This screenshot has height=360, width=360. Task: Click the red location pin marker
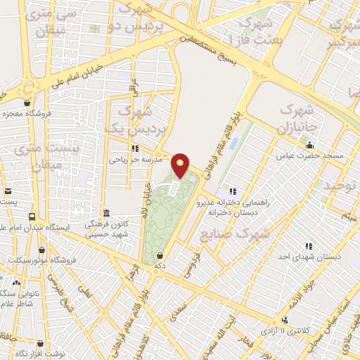pyautogui.click(x=181, y=165)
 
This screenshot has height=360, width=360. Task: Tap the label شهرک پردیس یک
pyautogui.click(x=127, y=120)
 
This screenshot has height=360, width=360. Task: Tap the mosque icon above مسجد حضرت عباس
pyautogui.click(x=309, y=145)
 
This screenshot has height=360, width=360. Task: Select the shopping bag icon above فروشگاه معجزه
pyautogui.click(x=27, y=102)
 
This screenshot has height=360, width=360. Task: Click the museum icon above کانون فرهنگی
pyautogui.click(x=106, y=213)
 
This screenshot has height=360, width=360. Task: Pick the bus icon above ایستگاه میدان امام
pyautogui.click(x=32, y=217)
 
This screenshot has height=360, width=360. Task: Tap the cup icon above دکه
pyautogui.click(x=160, y=255)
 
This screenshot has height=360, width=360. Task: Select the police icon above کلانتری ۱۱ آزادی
pyautogui.click(x=285, y=320)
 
